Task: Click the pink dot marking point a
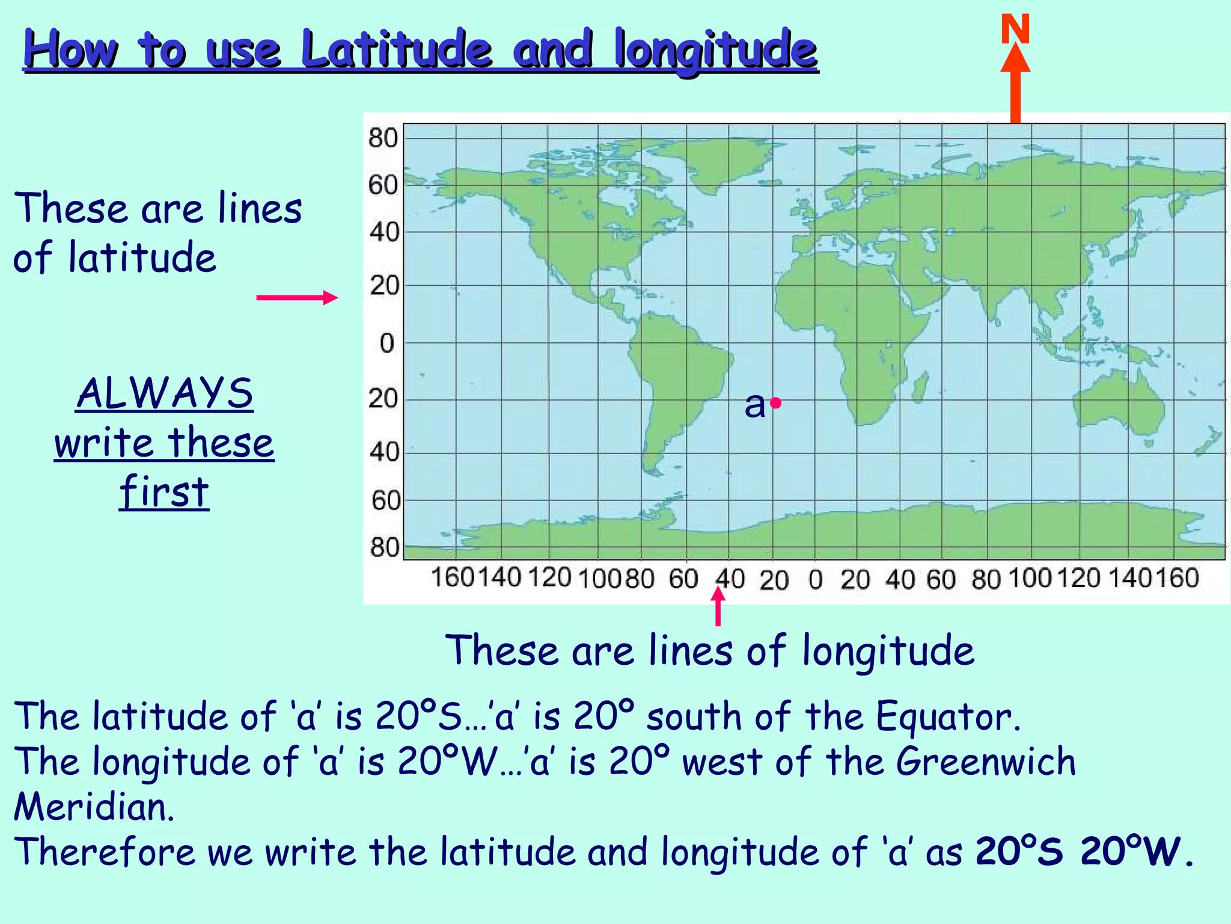click(776, 403)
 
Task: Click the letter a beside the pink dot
click(755, 404)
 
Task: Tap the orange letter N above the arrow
click(1015, 29)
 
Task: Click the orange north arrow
click(1015, 84)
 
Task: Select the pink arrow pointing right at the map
click(297, 297)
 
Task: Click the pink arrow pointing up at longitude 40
click(718, 605)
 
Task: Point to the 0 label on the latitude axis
click(387, 344)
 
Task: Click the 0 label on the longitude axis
click(815, 580)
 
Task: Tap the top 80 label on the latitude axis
click(383, 138)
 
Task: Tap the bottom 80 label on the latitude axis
click(385, 547)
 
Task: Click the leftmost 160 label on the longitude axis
click(453, 577)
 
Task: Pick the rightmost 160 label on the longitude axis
click(1178, 577)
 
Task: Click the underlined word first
click(164, 491)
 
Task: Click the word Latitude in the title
click(397, 49)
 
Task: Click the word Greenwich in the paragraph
click(986, 762)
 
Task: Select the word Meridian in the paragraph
click(94, 807)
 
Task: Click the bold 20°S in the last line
click(1019, 851)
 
